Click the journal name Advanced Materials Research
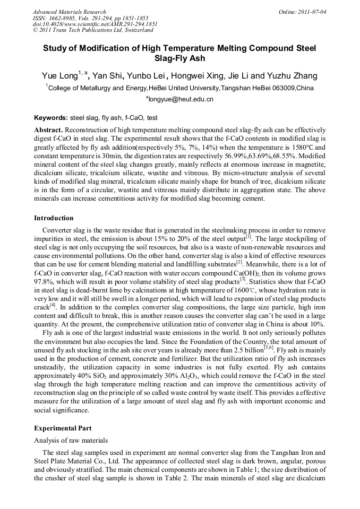tap(69, 12)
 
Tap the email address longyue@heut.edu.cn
tap(181, 99)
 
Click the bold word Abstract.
tap(49, 130)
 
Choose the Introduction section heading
tap(54, 218)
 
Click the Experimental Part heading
tap(63, 428)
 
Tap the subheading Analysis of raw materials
tap(71, 440)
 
